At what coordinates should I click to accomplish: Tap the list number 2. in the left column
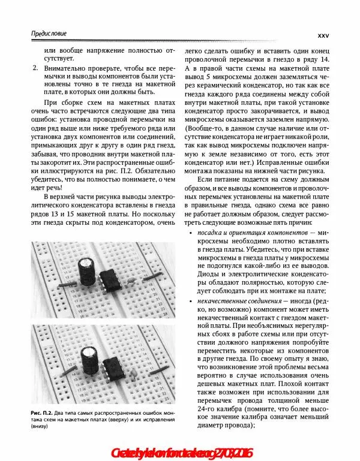[x=33, y=70]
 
